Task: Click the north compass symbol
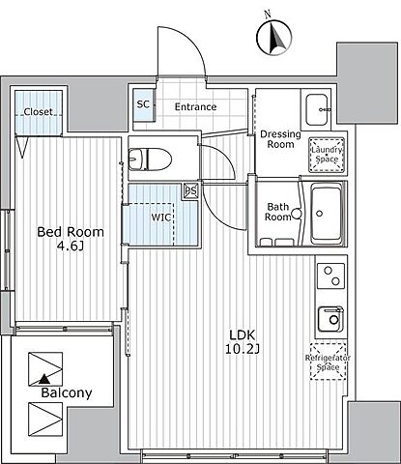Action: tap(274, 37)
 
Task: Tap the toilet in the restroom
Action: tap(150, 159)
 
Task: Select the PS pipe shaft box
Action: tap(190, 190)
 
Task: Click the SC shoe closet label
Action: tap(143, 104)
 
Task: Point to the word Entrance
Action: tap(195, 106)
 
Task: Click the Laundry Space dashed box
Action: tap(327, 155)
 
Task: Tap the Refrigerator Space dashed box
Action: tap(328, 362)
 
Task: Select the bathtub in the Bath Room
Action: tap(327, 214)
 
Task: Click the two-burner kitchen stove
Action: tap(331, 275)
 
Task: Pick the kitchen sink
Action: tap(330, 319)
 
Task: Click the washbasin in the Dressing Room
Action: tap(317, 109)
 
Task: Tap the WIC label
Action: tap(161, 217)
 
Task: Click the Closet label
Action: tap(38, 112)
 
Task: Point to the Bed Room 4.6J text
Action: tap(71, 239)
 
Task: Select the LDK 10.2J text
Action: tap(243, 342)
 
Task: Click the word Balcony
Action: tap(67, 393)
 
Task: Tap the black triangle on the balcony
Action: tap(44, 379)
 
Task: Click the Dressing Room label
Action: tap(280, 139)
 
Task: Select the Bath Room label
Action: tap(277, 212)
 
